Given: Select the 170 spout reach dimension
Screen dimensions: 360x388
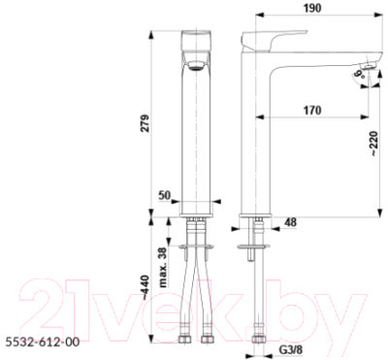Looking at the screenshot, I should [x=310, y=111].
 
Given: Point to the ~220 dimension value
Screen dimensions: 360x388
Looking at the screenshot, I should [x=373, y=143].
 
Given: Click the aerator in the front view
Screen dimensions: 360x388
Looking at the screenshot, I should [x=197, y=65].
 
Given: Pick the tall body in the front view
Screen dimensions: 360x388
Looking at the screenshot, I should [x=197, y=136].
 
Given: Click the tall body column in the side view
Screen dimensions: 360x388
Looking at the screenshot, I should [x=256, y=136].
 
